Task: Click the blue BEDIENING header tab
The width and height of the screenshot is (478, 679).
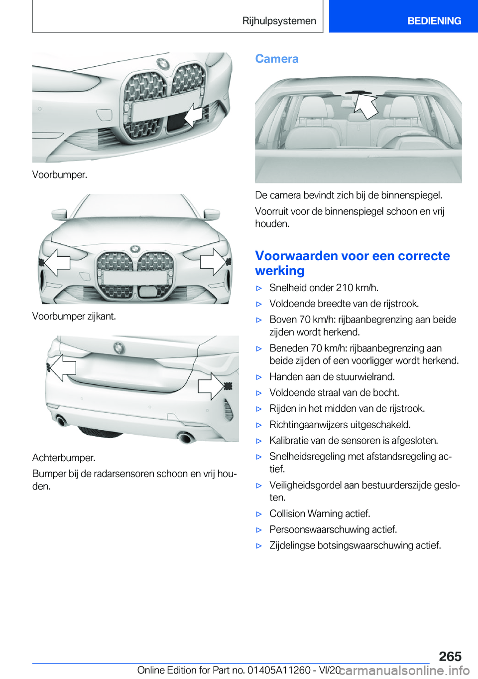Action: pyautogui.click(x=434, y=21)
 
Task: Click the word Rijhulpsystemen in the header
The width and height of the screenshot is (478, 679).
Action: pyautogui.click(x=279, y=21)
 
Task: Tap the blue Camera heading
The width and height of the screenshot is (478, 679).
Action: pyautogui.click(x=277, y=59)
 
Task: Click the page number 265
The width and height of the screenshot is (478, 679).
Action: pyautogui.click(x=450, y=656)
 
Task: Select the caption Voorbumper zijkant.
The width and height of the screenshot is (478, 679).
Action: pyautogui.click(x=74, y=316)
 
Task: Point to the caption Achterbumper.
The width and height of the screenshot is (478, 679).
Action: pyautogui.click(x=64, y=458)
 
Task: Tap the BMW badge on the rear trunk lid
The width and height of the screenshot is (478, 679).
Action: pyautogui.click(x=119, y=347)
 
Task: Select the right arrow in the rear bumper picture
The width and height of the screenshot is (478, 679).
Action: pyautogui.click(x=211, y=385)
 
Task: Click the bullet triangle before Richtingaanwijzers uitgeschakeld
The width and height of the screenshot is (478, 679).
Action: pyautogui.click(x=259, y=425)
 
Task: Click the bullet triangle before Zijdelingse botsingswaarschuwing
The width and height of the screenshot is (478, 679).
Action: pyautogui.click(x=259, y=546)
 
